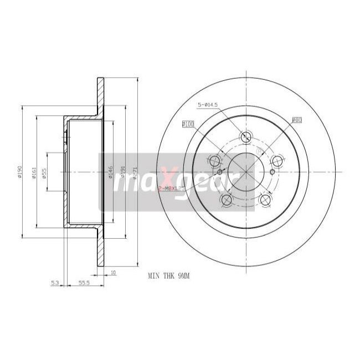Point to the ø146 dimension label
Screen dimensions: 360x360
[x=111, y=172]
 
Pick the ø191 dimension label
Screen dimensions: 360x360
[x=123, y=172]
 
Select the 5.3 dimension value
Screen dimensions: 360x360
[x=54, y=283]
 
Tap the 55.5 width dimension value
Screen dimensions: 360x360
[x=84, y=283]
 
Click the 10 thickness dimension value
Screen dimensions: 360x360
[x=113, y=272]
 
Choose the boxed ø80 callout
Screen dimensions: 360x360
[x=297, y=119]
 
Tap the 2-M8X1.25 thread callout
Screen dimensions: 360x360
[x=171, y=189]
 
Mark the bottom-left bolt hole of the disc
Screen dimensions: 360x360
[x=227, y=199]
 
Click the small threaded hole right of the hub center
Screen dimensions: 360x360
[x=272, y=172]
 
